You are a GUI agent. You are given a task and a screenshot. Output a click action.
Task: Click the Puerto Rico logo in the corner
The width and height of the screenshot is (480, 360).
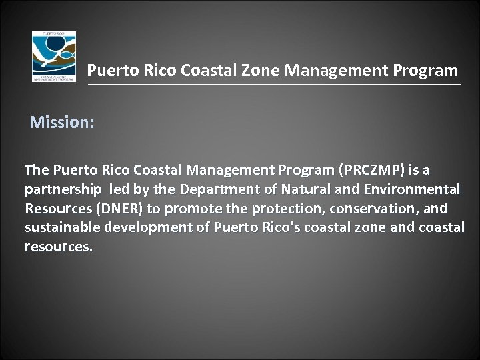coord(54,56)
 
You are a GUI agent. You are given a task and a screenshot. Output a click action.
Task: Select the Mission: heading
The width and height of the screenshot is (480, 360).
coord(62,123)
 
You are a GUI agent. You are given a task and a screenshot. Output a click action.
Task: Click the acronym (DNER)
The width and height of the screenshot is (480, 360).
coord(119,209)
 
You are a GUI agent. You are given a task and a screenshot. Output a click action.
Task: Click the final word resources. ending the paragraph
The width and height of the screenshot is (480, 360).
coord(59,247)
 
